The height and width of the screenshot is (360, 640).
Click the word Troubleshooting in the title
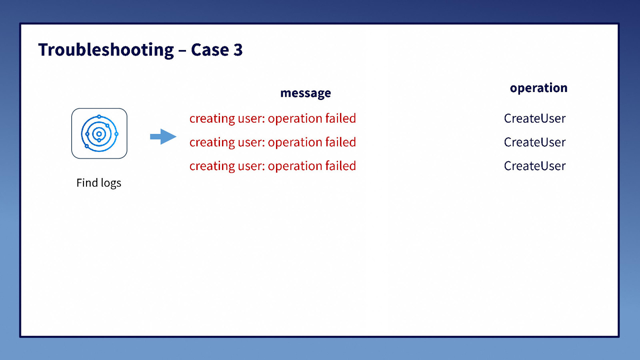(106, 50)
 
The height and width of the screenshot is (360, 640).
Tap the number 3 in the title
(238, 50)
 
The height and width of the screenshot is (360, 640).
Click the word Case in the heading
(210, 50)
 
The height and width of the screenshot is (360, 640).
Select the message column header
(306, 93)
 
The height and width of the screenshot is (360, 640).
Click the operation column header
(538, 88)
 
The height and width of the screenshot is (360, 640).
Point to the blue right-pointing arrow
(163, 136)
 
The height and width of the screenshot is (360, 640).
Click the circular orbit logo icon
(99, 134)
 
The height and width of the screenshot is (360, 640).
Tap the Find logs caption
(99, 183)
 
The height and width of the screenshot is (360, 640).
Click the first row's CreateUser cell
(534, 118)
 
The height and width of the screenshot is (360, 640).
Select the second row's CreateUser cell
(534, 142)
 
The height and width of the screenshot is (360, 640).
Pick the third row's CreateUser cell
(534, 166)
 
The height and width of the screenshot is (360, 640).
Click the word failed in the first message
(340, 118)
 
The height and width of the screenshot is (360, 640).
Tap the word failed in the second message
(340, 142)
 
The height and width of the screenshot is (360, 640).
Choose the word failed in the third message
(340, 166)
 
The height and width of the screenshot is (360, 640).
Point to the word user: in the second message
(251, 142)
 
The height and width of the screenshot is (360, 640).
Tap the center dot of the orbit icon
(99, 134)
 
